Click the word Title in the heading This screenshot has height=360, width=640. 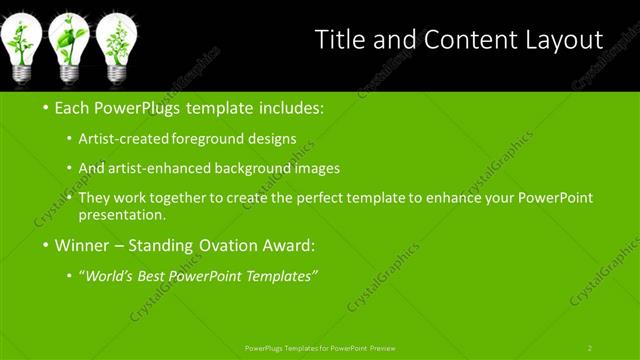pos(338,40)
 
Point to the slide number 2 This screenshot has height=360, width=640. pos(590,348)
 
